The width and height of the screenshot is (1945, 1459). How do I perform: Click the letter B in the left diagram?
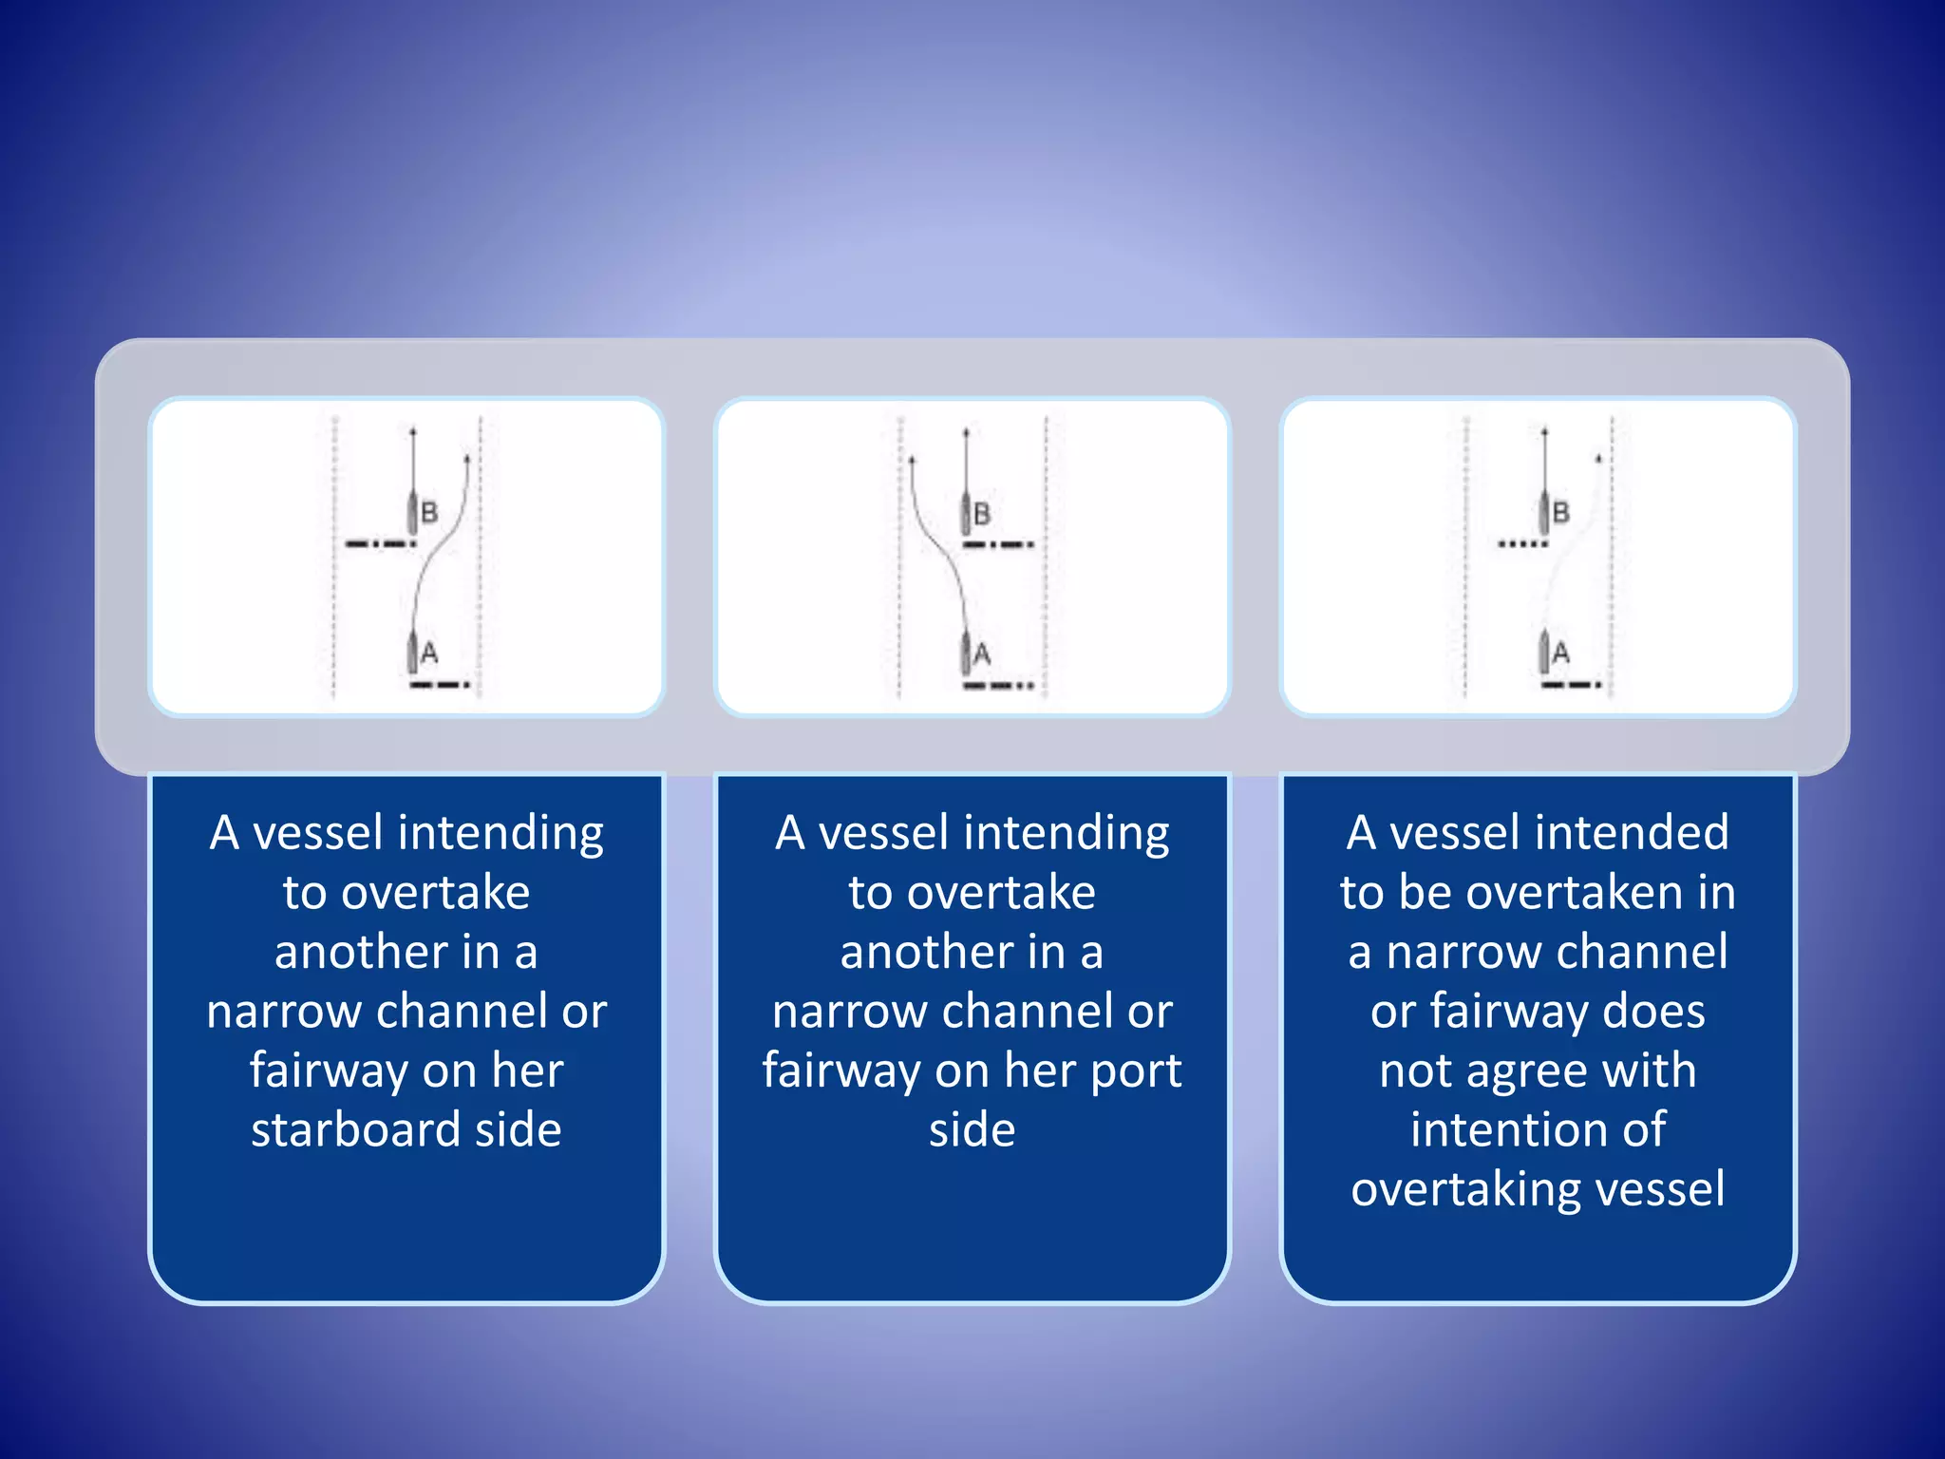coord(429,513)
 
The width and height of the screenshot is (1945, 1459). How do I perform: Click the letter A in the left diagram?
coord(429,654)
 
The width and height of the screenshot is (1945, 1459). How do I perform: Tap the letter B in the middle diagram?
coord(982,514)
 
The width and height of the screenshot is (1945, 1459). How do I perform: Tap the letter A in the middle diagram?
coord(982,654)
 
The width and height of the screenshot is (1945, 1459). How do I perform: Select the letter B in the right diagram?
coord(1560,513)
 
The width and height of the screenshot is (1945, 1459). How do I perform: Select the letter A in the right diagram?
coord(1560,654)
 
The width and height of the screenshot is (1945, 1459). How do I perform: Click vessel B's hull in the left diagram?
coord(414,513)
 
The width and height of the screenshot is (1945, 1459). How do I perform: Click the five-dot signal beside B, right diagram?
coord(1522,544)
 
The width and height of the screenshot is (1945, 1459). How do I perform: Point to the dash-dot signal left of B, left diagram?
coord(380,544)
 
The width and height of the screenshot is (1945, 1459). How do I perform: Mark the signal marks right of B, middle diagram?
coord(998,545)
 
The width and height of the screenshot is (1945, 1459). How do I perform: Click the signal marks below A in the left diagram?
coord(440,685)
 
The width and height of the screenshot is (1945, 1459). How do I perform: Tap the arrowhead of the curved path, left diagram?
coord(467,459)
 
